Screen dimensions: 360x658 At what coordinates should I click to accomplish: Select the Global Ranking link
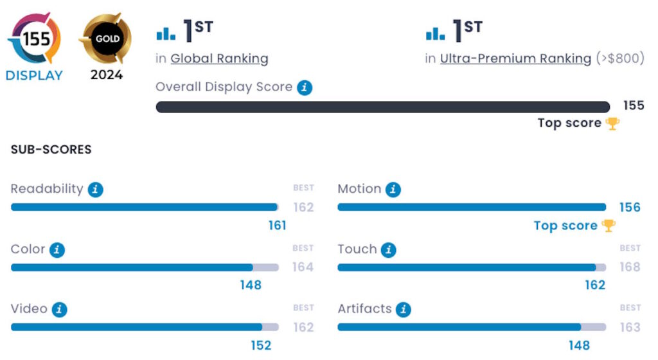219,59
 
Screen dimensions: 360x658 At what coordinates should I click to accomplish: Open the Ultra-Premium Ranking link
515,59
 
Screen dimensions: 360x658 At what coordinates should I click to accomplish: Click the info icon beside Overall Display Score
305,87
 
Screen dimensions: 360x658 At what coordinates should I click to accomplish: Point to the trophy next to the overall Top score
612,123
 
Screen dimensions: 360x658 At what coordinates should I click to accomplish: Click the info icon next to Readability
96,190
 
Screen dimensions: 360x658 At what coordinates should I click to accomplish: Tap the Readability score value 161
277,225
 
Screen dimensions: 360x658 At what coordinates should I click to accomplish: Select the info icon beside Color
57,250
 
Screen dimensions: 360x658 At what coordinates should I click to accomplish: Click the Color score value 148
251,285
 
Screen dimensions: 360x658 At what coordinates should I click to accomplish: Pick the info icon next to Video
60,310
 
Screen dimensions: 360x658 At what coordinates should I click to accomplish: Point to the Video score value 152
261,345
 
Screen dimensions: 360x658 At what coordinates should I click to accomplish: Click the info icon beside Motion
393,190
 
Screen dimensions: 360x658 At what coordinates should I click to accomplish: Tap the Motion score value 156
630,207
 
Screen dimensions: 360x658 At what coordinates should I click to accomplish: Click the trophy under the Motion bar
608,226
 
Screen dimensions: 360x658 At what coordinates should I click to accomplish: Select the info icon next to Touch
388,250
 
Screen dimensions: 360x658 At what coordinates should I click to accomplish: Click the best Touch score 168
630,267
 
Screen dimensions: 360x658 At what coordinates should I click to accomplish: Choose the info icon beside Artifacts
403,310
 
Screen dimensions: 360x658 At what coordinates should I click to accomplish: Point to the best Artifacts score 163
630,327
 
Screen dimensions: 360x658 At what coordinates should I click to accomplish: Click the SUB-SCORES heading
51,150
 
